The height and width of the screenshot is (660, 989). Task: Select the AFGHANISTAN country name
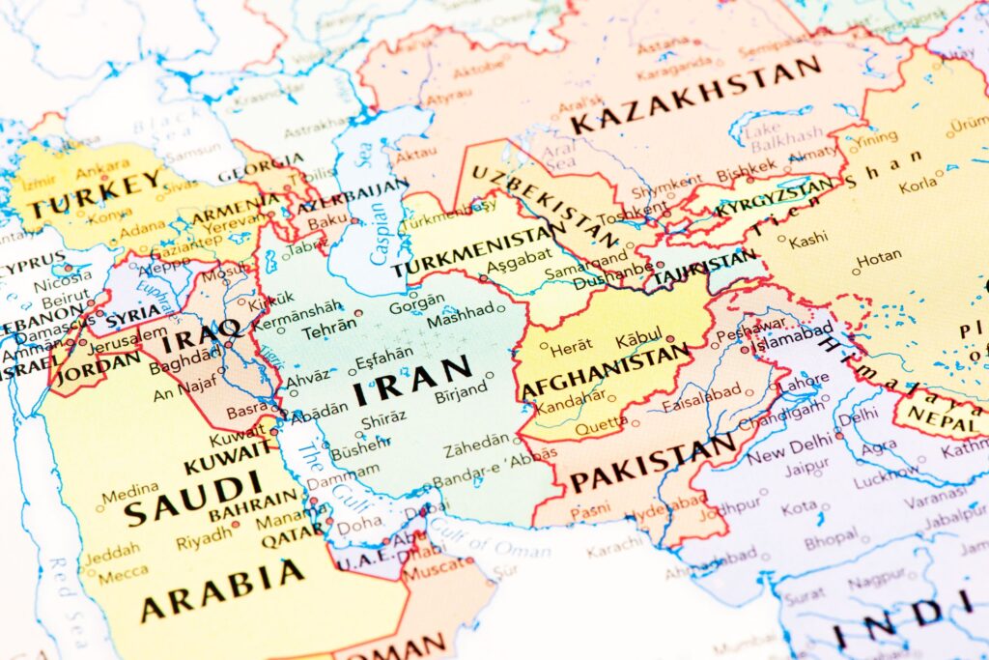click(x=606, y=371)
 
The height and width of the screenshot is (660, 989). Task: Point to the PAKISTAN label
click(x=652, y=464)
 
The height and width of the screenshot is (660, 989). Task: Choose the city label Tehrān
click(x=328, y=330)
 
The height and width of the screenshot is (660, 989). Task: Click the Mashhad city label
click(x=459, y=318)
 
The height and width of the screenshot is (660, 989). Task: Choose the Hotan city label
click(x=879, y=258)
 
